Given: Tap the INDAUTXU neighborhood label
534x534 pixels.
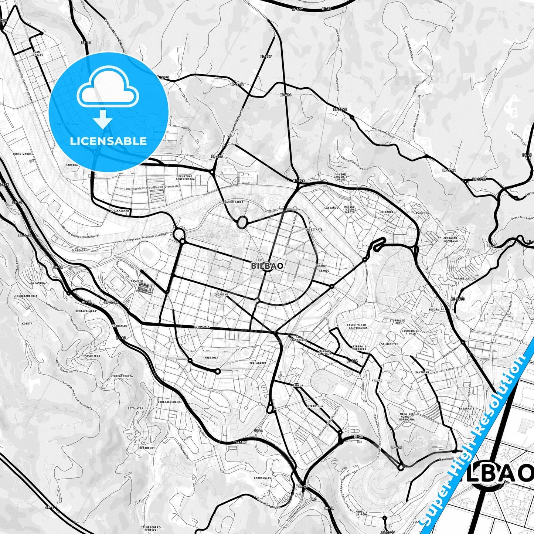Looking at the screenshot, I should point(221,295).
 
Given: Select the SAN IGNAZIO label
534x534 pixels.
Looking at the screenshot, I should point(38,53).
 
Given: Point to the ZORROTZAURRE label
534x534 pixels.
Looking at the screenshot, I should point(23,153).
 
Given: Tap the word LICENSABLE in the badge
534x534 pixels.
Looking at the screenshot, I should point(108,141).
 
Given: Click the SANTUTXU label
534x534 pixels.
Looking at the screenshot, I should point(422,373).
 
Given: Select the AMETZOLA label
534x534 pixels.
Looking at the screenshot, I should point(211,358).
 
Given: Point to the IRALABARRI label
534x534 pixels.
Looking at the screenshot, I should point(258,363).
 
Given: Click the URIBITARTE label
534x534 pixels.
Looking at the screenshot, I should point(314,229).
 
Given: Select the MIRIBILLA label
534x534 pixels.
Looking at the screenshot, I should point(315,406).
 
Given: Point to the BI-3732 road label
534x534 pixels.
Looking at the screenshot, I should point(479,179).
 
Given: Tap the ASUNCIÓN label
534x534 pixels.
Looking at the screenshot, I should point(422,213).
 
